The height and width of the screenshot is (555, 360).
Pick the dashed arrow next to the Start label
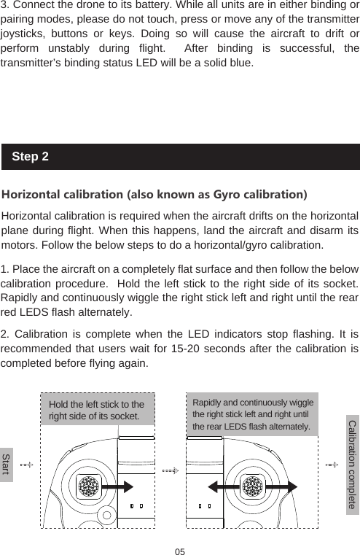(26, 464)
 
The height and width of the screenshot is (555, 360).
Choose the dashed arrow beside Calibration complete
(332, 464)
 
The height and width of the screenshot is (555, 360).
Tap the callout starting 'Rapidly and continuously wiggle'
(252, 414)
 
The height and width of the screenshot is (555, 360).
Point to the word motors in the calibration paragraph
(21, 243)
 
